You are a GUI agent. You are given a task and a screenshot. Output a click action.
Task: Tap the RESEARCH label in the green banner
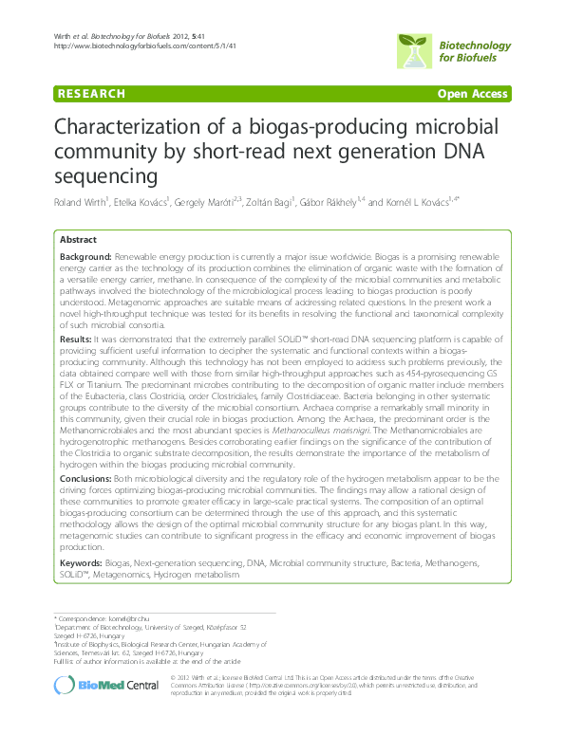coord(91,94)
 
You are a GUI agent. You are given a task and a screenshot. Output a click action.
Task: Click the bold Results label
coord(75,337)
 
